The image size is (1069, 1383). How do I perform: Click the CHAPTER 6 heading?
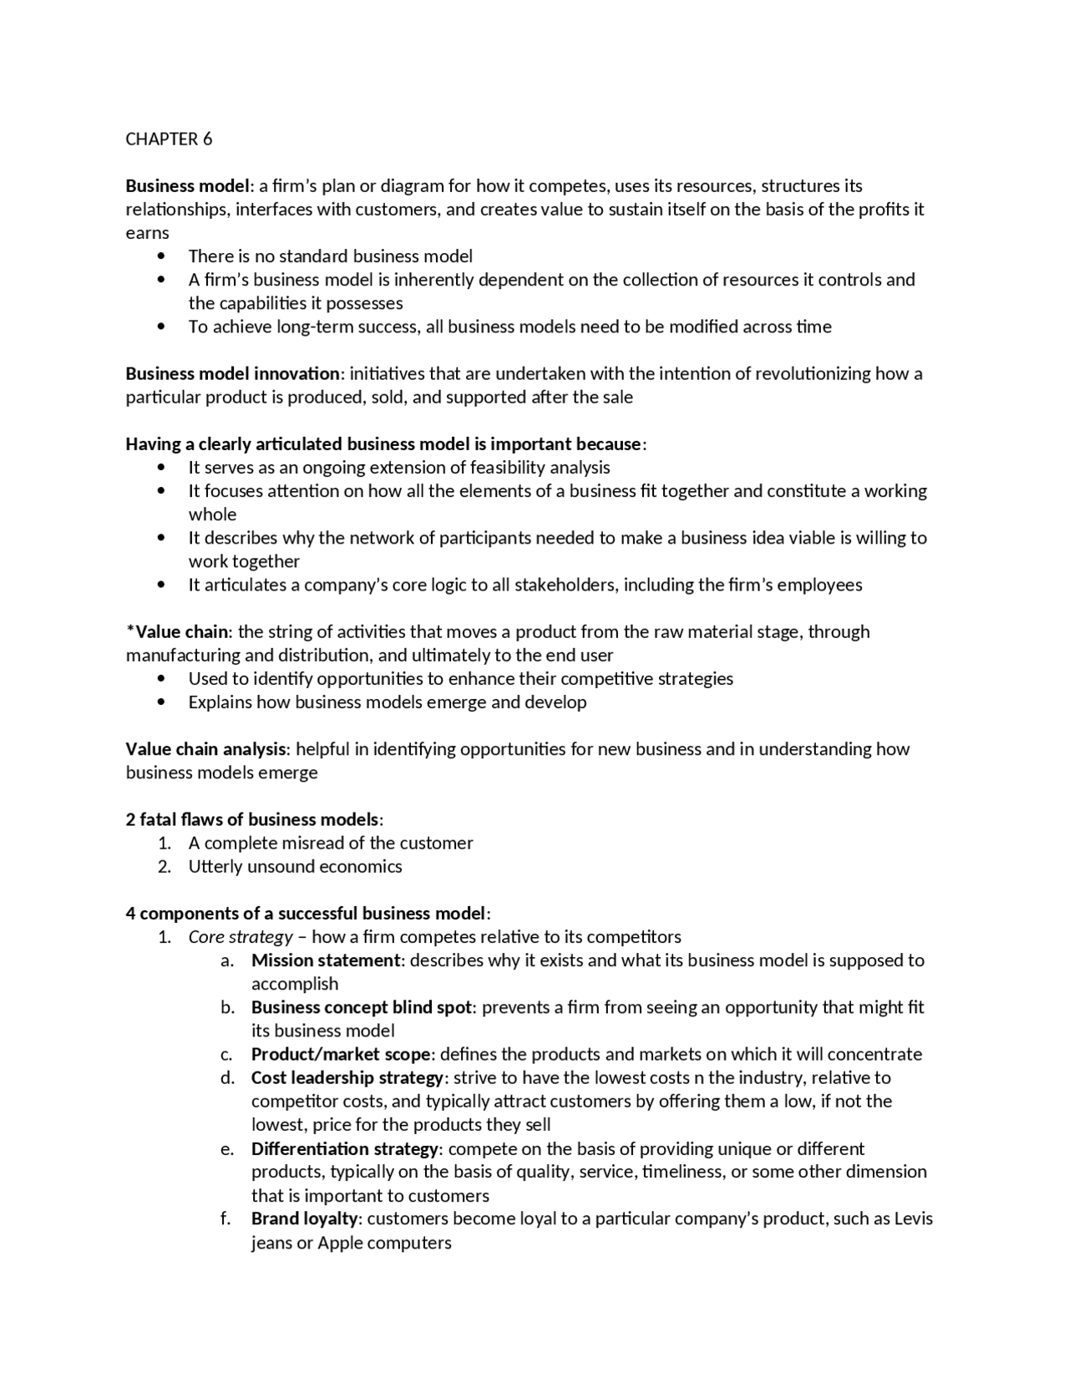tap(169, 139)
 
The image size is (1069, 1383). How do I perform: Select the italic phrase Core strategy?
tap(241, 937)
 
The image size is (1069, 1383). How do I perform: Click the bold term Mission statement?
tap(326, 960)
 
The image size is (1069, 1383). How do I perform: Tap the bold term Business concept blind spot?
tap(362, 1007)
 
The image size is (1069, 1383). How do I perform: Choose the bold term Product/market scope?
tap(341, 1054)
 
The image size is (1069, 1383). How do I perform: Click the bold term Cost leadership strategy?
tap(347, 1077)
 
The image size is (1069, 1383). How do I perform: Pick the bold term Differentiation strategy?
tap(345, 1148)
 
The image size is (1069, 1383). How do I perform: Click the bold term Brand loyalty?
tap(304, 1218)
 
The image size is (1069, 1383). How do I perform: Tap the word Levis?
tap(914, 1218)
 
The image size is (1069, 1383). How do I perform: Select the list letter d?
tap(227, 1077)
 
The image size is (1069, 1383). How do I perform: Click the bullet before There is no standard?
tap(161, 256)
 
